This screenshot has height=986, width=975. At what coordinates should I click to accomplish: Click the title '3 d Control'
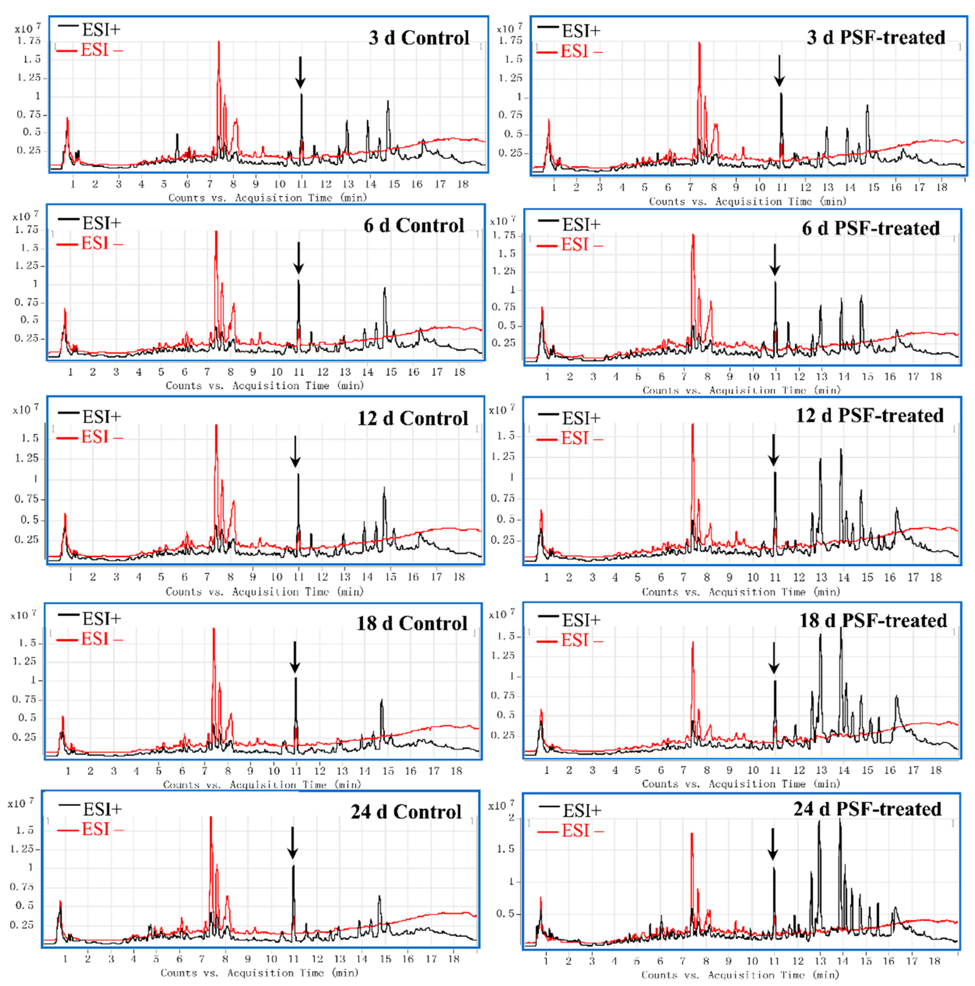[419, 38]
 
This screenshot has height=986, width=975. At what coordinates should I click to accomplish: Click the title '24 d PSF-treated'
[867, 809]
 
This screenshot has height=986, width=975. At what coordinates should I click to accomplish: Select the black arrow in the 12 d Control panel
[295, 452]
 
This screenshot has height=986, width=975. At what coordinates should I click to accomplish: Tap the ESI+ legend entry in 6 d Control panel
[90, 223]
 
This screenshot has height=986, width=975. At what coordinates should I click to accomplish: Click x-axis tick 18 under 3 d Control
[463, 184]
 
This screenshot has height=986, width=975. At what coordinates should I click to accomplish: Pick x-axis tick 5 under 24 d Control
[156, 959]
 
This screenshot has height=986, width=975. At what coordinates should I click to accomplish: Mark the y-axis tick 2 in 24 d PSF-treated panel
[512, 817]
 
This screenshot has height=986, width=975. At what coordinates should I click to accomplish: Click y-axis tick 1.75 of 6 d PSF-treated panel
[503, 235]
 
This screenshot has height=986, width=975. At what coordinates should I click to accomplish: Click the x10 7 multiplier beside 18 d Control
[23, 615]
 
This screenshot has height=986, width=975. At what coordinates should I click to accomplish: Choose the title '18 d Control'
[411, 623]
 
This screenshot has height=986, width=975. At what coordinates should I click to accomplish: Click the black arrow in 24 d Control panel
[292, 843]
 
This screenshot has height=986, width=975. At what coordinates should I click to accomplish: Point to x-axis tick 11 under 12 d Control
[299, 577]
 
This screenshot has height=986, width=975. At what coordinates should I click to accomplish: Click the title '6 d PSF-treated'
[871, 228]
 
